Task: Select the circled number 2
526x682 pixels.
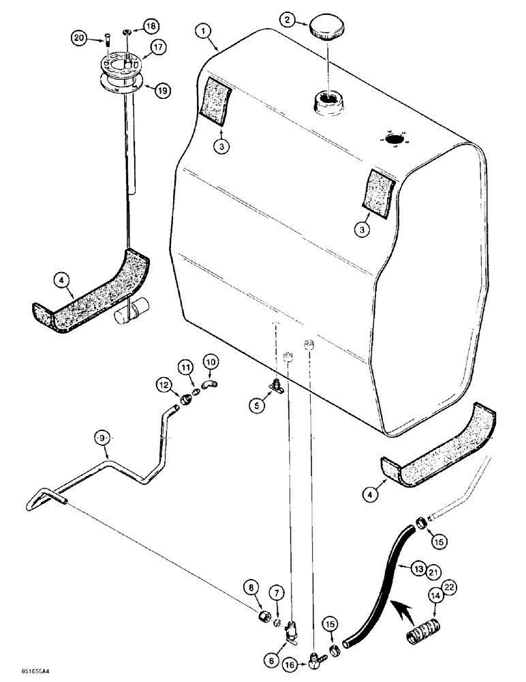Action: pyautogui.click(x=290, y=20)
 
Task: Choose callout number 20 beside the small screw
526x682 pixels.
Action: pyautogui.click(x=80, y=40)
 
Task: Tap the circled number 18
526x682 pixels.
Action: pyautogui.click(x=151, y=27)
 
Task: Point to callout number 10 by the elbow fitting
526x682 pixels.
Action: pyautogui.click(x=210, y=359)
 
